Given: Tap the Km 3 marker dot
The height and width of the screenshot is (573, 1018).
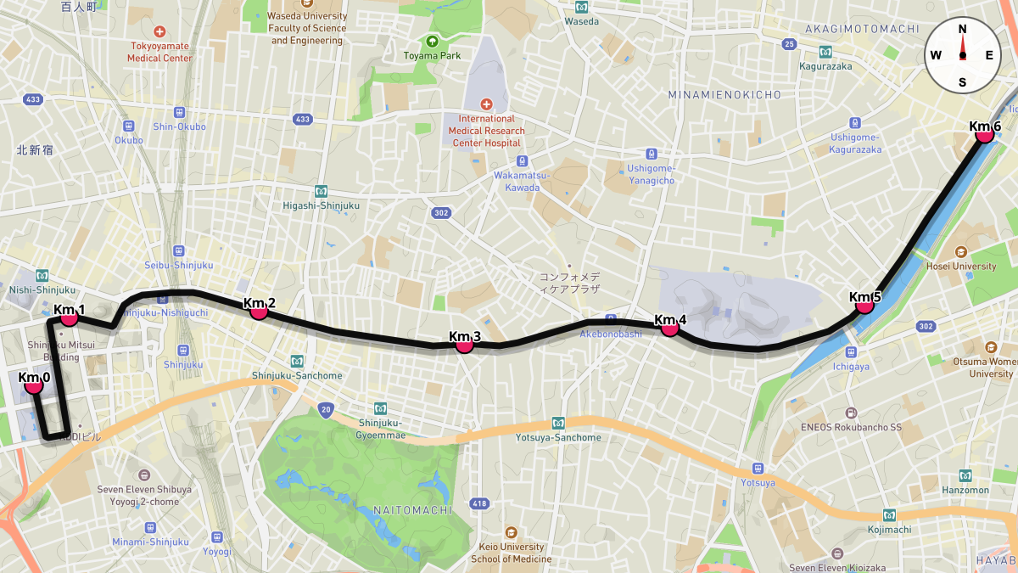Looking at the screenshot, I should (464, 345).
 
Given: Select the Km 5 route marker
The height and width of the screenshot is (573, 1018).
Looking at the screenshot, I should (865, 305).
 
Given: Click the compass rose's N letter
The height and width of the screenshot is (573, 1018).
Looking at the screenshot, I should (962, 29).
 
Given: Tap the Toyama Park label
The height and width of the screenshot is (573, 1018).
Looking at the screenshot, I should (432, 57).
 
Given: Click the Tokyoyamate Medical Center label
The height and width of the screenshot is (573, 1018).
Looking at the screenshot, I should (159, 53).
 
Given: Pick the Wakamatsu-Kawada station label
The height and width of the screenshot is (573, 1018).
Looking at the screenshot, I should (522, 181).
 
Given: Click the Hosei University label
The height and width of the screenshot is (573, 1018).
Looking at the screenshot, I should (962, 266).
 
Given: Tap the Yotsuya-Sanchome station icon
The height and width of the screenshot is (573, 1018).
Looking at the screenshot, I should (558, 423).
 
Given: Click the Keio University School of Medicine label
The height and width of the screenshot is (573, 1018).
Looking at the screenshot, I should (511, 553).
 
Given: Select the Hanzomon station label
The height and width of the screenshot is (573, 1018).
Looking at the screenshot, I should (965, 490).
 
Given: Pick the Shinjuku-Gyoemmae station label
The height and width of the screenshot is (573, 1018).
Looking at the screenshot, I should (382, 430).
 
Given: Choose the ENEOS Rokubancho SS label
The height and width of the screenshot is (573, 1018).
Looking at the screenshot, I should (851, 428).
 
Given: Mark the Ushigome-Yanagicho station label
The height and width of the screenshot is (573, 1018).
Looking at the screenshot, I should (651, 174).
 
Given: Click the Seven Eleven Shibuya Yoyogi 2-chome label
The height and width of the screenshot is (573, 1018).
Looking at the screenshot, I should (144, 495).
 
